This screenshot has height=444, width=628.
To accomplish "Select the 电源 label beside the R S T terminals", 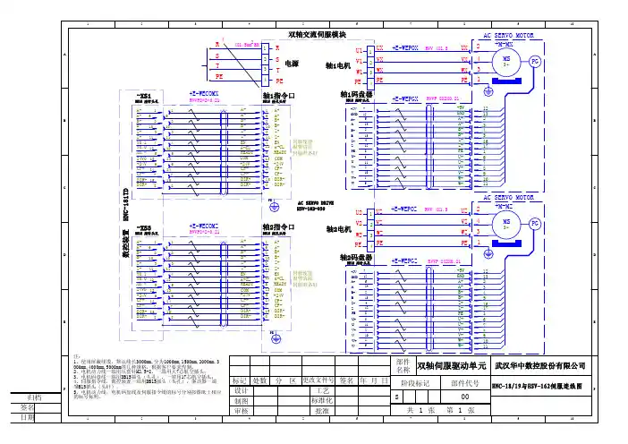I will pyautogui.click(x=292, y=64).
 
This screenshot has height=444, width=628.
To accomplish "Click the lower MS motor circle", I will pyautogui.click(x=507, y=224).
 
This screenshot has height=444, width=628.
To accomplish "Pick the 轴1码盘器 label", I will pyautogui.click(x=356, y=94).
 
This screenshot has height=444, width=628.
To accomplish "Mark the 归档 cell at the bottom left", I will pyautogui.click(x=36, y=397).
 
